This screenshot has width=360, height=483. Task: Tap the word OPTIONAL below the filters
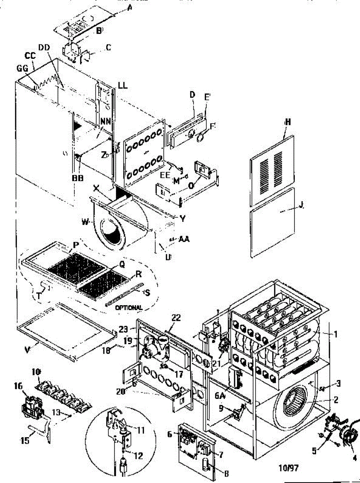coord(129,308)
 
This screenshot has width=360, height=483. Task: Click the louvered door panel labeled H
coord(271,169)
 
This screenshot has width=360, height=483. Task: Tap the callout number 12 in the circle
coord(138,456)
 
